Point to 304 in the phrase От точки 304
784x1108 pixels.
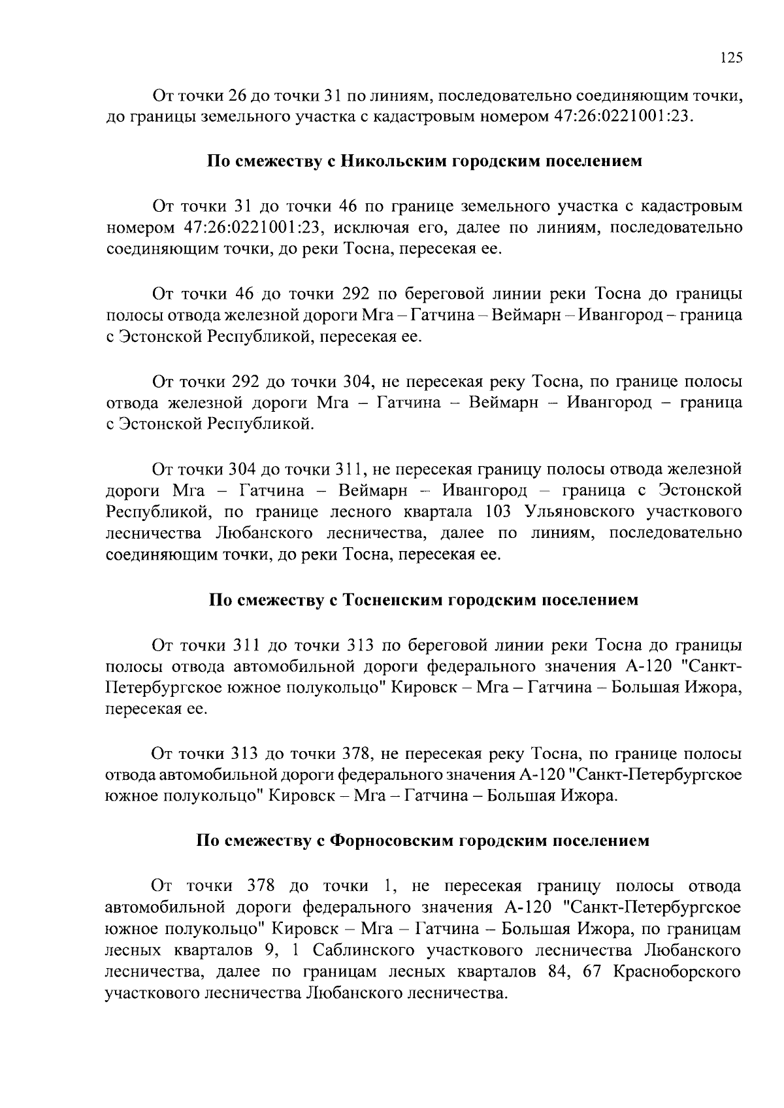(x=245, y=469)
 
